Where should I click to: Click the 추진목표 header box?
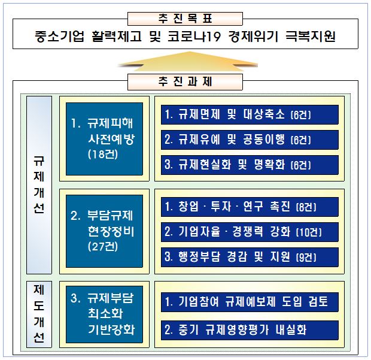pos(185,19)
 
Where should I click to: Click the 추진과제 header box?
pos(185,82)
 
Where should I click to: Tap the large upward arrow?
pos(187,62)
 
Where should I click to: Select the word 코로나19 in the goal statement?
pos(194,36)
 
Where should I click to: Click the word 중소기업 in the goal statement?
pos(59,36)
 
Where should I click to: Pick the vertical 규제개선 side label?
pos(39,185)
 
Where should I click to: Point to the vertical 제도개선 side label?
pos(39,314)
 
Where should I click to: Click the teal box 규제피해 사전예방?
pos(104,139)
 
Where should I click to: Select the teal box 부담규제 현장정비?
pos(104,231)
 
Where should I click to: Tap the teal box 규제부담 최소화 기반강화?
pos(104,314)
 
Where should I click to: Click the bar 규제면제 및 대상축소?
pos(250,114)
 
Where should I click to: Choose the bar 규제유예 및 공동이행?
pos(250,140)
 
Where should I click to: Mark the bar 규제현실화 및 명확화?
pos(250,165)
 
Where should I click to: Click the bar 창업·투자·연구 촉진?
pos(250,207)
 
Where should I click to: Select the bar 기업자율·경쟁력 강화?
pos(250,232)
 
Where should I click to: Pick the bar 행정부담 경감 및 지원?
pos(250,257)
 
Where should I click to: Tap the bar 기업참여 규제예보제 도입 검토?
pos(250,302)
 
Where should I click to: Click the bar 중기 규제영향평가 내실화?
pos(250,330)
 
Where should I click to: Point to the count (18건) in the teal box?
pos(103,155)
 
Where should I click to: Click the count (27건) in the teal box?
pos(103,247)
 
